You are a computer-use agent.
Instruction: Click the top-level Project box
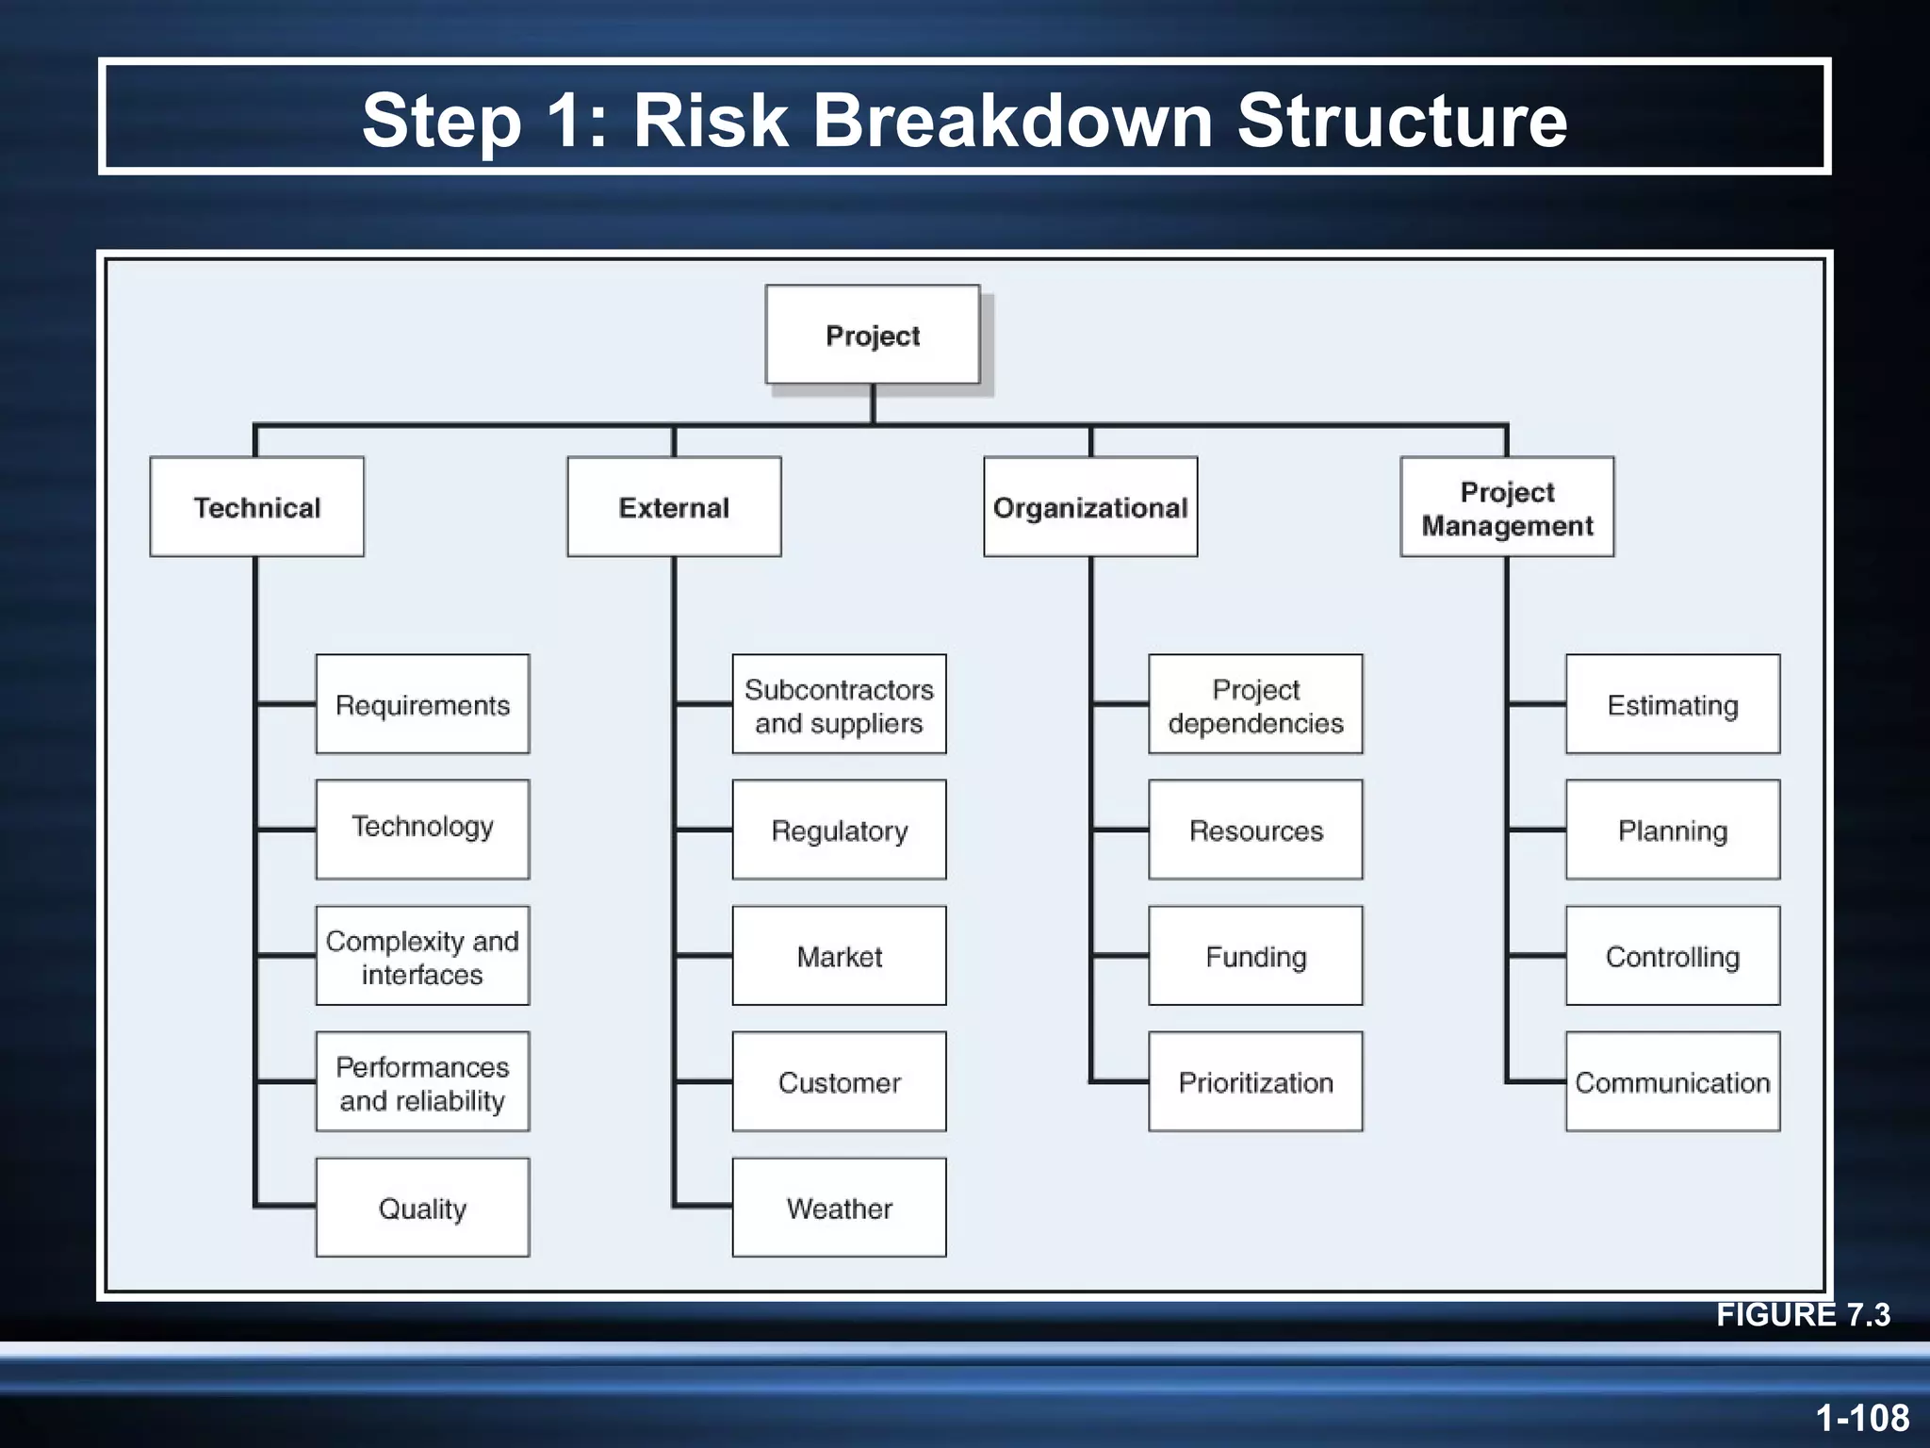pos(872,335)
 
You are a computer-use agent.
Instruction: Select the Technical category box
pos(256,507)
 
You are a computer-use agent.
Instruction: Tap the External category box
pos(674,507)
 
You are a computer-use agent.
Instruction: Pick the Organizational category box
pos(1090,507)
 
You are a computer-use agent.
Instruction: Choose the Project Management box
pos(1507,507)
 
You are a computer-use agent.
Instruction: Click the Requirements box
pos(422,704)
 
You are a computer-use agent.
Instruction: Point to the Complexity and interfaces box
pos(422,956)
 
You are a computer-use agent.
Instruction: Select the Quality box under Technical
pos(422,1208)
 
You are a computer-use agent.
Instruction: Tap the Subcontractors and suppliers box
pos(839,704)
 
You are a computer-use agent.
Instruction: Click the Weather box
pos(839,1208)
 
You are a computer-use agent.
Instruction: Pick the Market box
pos(839,956)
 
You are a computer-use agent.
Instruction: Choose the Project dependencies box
pos(1255,704)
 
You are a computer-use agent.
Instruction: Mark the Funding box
pos(1255,956)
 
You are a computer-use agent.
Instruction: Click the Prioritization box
pos(1255,1081)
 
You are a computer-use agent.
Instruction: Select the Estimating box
pos(1673,704)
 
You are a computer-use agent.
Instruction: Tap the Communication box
pos(1673,1081)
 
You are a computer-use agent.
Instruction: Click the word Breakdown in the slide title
pos(1012,120)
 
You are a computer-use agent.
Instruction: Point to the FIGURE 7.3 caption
pos(1802,1314)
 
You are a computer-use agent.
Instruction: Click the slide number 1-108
pos(1861,1418)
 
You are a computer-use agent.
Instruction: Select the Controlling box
pos(1673,956)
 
